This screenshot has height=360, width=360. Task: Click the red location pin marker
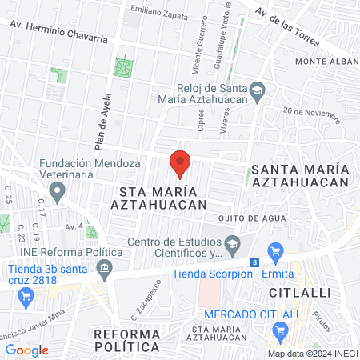point(180,163)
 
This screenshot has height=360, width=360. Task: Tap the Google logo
point(26,350)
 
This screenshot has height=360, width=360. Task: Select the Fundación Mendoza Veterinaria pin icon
point(57,192)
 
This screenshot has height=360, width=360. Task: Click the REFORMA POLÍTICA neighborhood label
point(126,340)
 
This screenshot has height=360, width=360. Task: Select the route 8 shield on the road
point(254,262)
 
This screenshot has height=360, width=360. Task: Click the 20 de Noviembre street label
point(311,115)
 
